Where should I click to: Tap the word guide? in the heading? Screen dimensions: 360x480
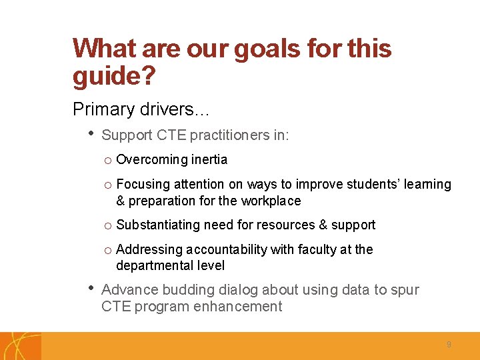(114, 77)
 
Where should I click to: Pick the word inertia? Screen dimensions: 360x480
(210, 160)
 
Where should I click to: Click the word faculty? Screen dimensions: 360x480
(313, 249)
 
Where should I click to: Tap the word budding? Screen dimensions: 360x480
(181, 290)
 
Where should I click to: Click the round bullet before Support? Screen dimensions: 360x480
(90, 134)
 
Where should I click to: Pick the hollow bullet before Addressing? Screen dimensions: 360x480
(107, 250)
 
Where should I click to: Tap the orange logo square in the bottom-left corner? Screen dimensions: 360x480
(20, 346)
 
